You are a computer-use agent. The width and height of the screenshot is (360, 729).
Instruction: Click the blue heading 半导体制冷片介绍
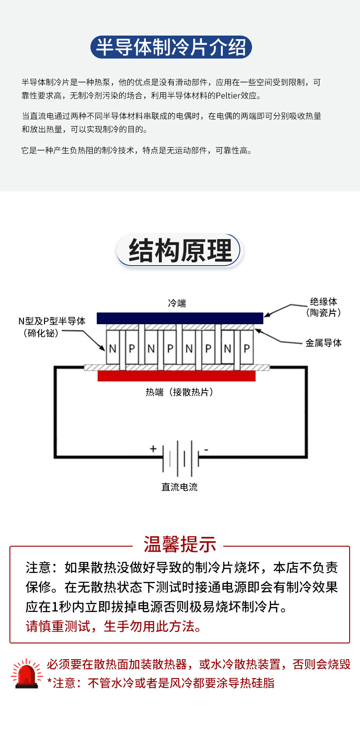(171, 47)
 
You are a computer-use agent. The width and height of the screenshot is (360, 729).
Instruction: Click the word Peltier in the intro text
(228, 95)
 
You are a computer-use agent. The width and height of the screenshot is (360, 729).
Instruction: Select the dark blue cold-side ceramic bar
(180, 318)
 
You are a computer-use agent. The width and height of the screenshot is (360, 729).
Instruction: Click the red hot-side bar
(176, 376)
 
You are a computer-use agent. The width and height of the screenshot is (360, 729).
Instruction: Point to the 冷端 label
(177, 303)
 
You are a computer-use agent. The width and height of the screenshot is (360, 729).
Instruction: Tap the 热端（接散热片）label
(180, 392)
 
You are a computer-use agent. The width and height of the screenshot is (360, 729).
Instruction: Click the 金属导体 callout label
(323, 343)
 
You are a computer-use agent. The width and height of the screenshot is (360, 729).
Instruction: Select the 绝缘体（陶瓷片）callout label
(323, 307)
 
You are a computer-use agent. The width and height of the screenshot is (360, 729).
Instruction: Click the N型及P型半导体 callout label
(52, 327)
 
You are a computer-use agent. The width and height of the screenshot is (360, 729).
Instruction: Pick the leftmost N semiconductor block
(112, 347)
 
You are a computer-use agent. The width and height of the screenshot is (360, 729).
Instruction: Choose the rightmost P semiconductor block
(247, 347)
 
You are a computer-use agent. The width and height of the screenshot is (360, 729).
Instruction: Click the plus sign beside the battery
(153, 449)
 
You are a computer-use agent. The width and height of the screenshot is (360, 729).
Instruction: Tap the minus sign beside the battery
(206, 450)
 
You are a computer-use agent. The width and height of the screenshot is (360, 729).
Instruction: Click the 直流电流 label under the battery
(180, 487)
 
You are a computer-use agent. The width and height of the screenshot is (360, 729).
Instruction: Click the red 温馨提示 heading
(180, 544)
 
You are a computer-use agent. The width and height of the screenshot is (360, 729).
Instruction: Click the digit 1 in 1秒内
(54, 607)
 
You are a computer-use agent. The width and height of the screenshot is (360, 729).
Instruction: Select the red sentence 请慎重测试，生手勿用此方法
(113, 626)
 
